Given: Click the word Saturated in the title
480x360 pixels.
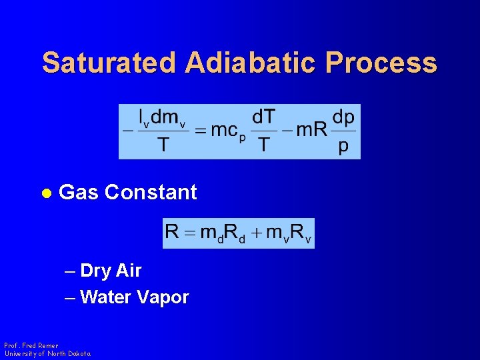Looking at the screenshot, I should pos(109,63).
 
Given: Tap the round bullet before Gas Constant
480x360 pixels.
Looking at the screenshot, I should pos(46,193).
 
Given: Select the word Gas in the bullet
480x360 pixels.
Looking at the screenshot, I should pos(78,192).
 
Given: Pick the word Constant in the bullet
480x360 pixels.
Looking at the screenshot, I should pos(151,192).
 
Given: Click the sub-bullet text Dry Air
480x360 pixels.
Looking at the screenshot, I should pos(110,271).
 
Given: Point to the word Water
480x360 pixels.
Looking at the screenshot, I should pos(106,297).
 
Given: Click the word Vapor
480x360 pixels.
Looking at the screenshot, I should pos(163,297).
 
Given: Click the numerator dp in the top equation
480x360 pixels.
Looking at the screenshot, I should pos(343,117).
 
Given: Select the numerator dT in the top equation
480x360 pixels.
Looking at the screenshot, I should pos(263,117).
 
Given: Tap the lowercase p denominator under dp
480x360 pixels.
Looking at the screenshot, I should pos(343,145).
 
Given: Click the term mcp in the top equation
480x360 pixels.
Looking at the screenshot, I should pos(225,131).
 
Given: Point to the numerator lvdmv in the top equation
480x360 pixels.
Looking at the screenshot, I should pos(163,118).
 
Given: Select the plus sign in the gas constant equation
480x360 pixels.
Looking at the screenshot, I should pos(256,233).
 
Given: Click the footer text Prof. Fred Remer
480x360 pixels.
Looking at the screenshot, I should pos(31,345).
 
